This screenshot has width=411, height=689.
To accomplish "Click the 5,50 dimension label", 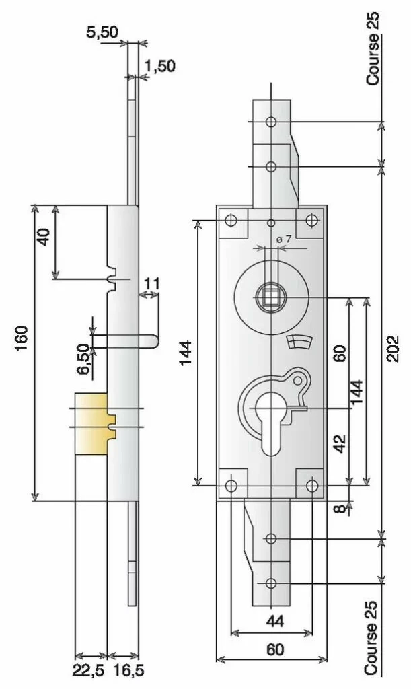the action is click(x=102, y=34).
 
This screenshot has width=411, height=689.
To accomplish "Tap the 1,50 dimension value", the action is click(x=160, y=66).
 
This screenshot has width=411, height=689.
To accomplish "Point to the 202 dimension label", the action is click(x=393, y=349).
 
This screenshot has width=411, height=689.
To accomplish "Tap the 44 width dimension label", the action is click(x=275, y=621).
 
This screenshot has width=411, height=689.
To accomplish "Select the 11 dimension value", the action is click(x=151, y=284).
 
